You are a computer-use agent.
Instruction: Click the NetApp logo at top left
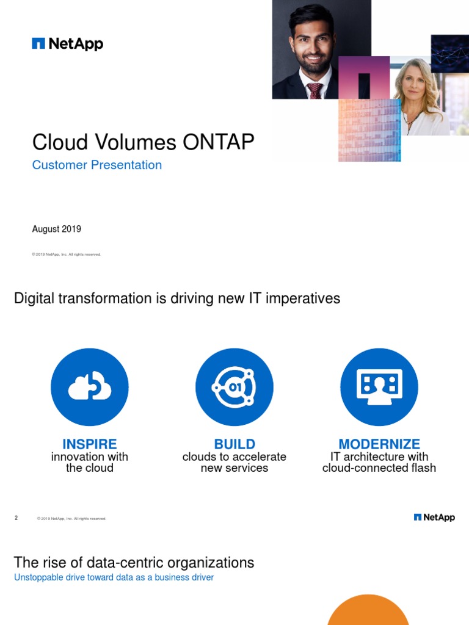tap(67, 44)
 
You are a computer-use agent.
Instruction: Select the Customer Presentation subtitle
tap(96, 165)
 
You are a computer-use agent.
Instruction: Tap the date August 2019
tap(56, 229)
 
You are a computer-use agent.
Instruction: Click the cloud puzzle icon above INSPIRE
tap(90, 387)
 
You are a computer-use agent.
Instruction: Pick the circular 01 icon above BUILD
tap(234, 387)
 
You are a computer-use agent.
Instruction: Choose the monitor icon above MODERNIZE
tap(379, 387)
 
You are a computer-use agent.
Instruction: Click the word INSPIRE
tap(90, 444)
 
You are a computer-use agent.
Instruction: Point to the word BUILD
tap(234, 444)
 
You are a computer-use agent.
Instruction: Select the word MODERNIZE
tap(379, 444)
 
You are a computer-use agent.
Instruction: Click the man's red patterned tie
tap(314, 90)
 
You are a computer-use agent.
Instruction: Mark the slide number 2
tap(16, 518)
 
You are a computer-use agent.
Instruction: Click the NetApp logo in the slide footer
tap(434, 518)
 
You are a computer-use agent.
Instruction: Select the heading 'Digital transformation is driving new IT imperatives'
tap(176, 298)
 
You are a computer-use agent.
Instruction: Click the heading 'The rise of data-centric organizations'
tap(134, 562)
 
